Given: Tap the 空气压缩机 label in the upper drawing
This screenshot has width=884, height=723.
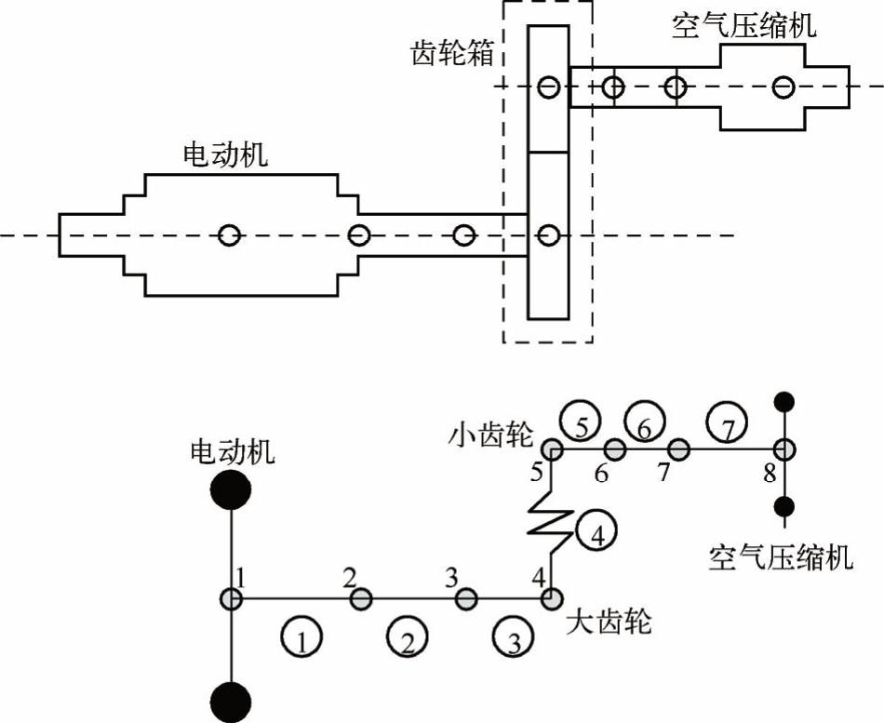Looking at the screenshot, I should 743,25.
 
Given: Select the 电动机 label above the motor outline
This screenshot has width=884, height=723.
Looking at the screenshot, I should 225,154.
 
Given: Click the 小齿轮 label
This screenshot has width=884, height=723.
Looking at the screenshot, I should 489,434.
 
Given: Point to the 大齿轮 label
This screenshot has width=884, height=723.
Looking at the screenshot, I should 609,621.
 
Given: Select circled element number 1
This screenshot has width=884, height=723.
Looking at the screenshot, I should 301,637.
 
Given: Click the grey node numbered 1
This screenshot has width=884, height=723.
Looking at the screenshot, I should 230,598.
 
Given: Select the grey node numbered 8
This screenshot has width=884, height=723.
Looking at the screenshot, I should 784,450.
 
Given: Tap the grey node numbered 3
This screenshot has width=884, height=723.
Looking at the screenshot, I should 465,598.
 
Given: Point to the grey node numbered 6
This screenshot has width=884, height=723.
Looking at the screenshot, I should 615,450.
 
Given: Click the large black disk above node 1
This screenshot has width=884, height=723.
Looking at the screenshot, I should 230,489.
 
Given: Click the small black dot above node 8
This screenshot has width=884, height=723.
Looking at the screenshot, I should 784,402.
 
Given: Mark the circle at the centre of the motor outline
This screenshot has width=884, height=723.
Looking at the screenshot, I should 229,234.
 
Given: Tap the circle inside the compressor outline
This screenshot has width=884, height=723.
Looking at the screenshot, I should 784,87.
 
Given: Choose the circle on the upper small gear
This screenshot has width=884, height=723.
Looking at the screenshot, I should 549,87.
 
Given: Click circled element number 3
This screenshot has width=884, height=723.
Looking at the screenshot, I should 513,637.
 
